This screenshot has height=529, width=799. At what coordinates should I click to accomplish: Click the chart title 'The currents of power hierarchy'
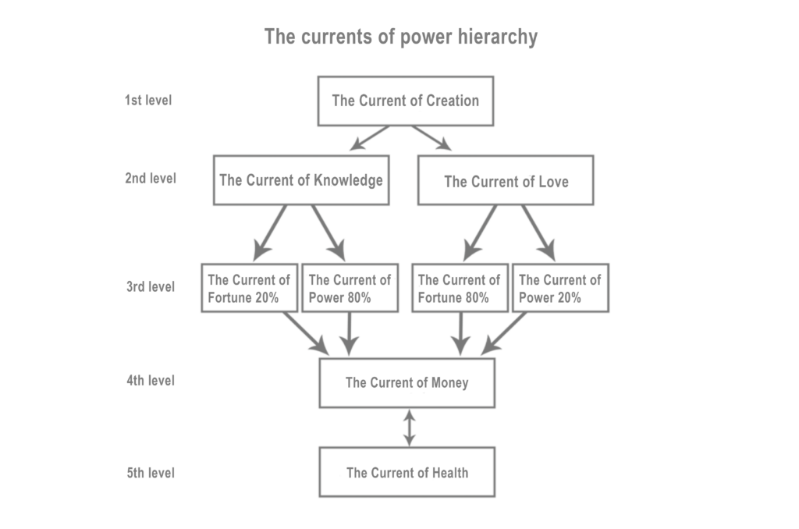(400, 37)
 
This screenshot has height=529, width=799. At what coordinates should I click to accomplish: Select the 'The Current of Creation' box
(405, 101)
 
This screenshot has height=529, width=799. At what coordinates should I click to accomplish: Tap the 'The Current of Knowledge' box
(301, 180)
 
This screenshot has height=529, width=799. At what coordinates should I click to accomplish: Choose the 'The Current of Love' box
(506, 180)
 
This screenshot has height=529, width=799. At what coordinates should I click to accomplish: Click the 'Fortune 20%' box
(249, 288)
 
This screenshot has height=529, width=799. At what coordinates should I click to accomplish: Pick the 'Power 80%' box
(350, 288)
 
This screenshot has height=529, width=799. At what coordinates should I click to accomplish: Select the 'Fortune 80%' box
(460, 288)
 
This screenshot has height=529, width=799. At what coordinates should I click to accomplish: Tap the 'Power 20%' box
(561, 288)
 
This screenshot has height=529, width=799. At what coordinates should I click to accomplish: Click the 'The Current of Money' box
(407, 383)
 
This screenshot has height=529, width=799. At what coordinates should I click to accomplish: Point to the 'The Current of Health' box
(407, 473)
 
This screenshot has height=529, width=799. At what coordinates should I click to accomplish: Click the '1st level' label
(148, 101)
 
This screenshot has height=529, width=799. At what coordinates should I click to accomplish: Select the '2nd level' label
(151, 178)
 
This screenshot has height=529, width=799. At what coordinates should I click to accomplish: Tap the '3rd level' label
(151, 286)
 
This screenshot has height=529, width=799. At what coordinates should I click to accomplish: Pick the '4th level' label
(151, 381)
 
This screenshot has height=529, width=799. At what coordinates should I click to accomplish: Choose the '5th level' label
(151, 473)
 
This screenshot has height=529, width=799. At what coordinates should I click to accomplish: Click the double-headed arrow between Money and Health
(408, 428)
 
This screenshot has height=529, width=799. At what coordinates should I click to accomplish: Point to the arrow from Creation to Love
(434, 139)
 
